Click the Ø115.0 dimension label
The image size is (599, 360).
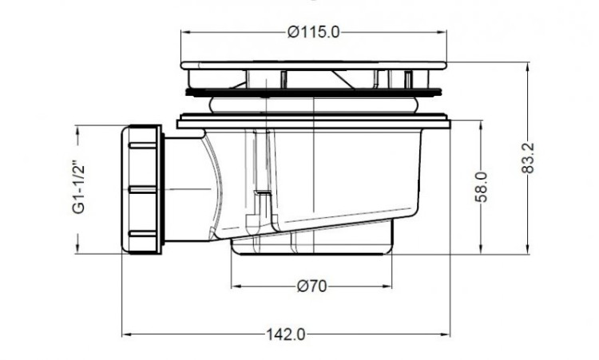314,32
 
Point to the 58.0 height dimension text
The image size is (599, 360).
481,186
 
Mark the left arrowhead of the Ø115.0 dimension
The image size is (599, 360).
186,32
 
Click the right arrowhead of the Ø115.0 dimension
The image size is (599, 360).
443,32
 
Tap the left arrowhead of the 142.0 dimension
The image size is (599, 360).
125,334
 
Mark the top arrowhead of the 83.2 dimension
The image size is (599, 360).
528,67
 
